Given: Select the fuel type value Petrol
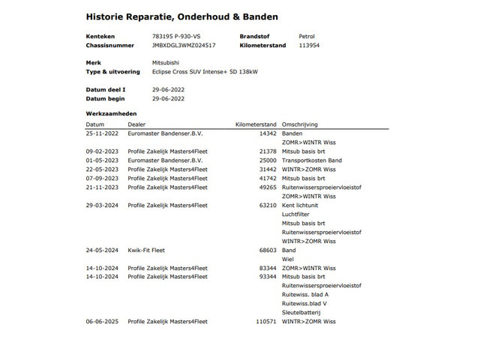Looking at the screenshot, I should (308, 35).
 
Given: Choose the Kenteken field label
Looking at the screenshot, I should (100, 35).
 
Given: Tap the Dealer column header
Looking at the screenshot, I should (137, 124).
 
